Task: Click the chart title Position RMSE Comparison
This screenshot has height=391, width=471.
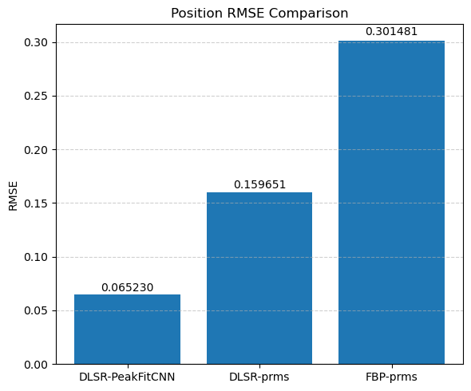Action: coord(259,14)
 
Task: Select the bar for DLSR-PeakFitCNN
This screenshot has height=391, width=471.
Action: coord(128,329)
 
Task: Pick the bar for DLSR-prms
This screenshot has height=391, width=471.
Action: coord(259,278)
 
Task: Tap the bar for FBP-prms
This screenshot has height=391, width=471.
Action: coord(391,203)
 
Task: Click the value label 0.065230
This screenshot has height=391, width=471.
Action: coord(128,288)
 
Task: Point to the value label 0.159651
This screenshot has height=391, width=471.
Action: coord(259,184)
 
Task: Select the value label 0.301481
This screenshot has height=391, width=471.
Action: coord(391,32)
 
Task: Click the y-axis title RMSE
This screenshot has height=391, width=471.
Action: coord(13,196)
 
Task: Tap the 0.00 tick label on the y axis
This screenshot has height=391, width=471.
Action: coord(36,365)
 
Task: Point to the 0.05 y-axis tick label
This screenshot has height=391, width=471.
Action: coord(36,311)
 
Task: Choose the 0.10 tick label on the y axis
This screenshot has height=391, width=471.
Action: coord(36,258)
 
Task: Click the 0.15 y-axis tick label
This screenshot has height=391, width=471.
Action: coord(36,203)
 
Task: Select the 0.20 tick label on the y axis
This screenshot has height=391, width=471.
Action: coord(36,150)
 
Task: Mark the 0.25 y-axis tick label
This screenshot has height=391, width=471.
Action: coord(36,97)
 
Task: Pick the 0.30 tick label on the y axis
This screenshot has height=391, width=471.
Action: coord(36,42)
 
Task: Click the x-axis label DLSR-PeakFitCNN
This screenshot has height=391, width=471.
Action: coord(127,377)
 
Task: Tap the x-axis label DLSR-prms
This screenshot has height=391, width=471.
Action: coord(259,377)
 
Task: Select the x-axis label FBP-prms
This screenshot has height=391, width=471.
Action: coord(391,377)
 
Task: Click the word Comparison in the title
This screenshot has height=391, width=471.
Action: coord(308,14)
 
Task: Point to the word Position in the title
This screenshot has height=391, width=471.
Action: coord(197,14)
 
